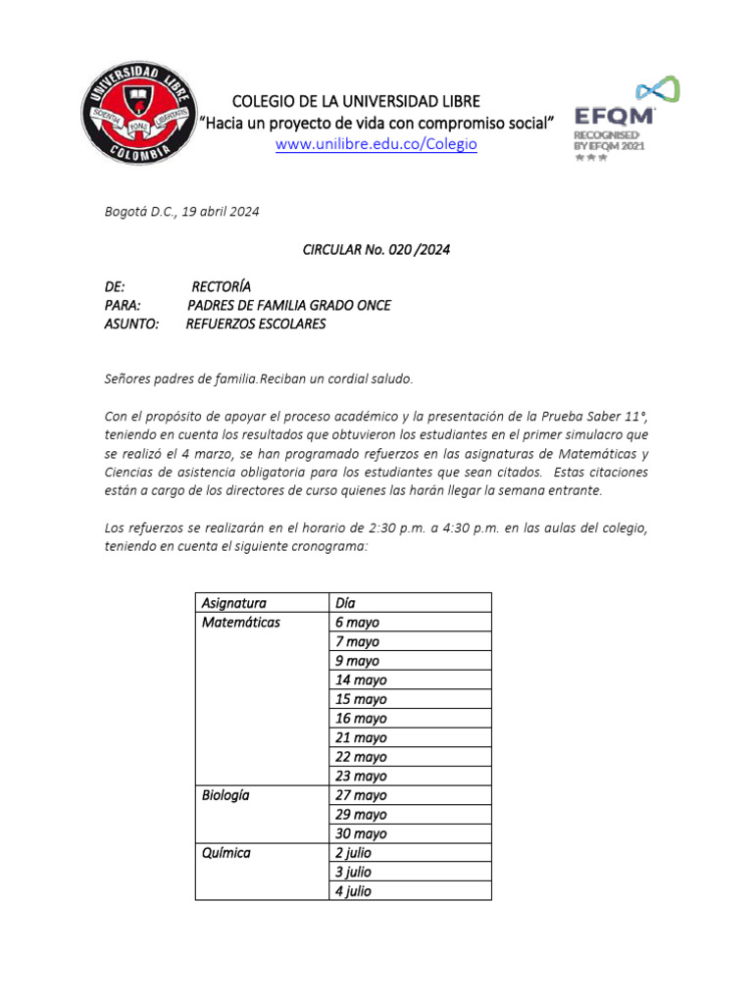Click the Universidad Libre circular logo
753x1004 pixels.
click(x=136, y=113)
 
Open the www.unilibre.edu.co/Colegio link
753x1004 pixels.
click(x=376, y=144)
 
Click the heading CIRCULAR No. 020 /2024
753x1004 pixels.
click(x=376, y=250)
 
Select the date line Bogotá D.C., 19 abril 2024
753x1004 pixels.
click(x=181, y=211)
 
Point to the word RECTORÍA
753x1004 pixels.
click(x=221, y=286)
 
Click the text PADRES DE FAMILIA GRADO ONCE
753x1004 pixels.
click(x=288, y=305)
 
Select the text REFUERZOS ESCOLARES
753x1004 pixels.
click(x=255, y=324)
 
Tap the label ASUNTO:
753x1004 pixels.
click(x=130, y=324)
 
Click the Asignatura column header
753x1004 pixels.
click(x=233, y=603)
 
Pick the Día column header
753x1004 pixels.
click(x=345, y=603)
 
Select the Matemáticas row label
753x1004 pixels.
click(x=240, y=623)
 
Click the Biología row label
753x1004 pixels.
click(x=226, y=795)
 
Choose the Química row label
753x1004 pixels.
click(x=226, y=853)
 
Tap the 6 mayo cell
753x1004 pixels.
click(x=357, y=623)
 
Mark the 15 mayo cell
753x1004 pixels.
click(x=361, y=699)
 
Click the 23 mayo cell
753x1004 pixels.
click(x=361, y=776)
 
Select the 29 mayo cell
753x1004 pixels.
click(x=361, y=815)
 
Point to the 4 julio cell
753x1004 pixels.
click(x=354, y=891)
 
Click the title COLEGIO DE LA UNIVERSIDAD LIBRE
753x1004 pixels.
click(x=355, y=102)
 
